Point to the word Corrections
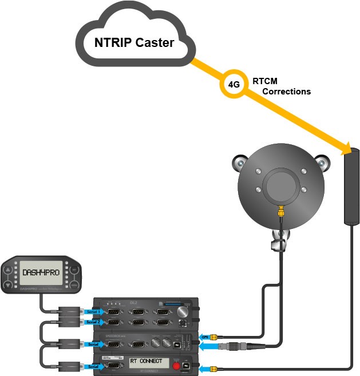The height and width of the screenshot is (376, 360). pos(286,92)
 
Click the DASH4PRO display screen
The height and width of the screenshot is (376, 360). pos(41,273)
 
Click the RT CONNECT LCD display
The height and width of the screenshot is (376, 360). pos(150,362)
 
